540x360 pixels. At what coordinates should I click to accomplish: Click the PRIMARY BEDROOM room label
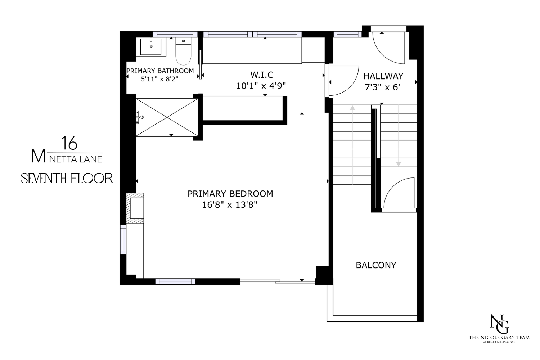tap(230, 194)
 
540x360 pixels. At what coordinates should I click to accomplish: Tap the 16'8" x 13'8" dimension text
tap(230, 205)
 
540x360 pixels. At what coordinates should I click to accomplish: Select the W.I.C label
tap(262, 75)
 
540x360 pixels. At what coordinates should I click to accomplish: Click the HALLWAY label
tap(383, 76)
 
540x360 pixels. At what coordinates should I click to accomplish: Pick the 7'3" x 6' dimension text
tap(383, 87)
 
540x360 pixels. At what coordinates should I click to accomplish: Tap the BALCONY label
tap(376, 265)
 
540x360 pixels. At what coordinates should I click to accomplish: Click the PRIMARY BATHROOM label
tap(160, 71)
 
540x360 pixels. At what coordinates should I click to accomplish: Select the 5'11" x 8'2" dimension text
tap(160, 78)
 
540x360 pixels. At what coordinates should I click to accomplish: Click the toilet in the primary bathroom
tap(183, 52)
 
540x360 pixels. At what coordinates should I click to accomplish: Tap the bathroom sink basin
tap(151, 46)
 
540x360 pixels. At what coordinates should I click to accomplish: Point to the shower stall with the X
tap(167, 117)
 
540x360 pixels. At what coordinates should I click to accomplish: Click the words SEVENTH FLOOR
tap(67, 178)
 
